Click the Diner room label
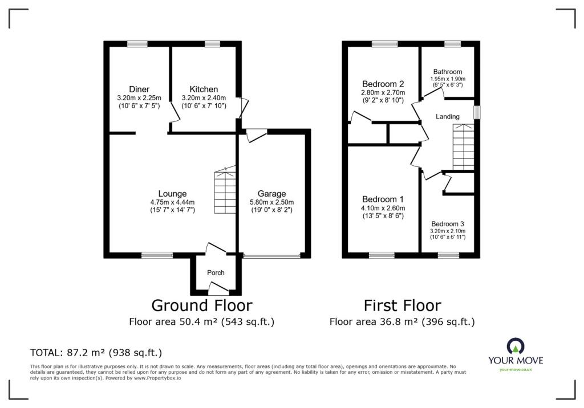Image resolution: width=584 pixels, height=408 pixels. pyautogui.click(x=139, y=89)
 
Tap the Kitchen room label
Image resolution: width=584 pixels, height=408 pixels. pyautogui.click(x=204, y=89)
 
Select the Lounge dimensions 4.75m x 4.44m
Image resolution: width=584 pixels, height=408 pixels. pyautogui.click(x=173, y=202)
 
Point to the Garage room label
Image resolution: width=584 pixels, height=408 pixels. pyautogui.click(x=271, y=194)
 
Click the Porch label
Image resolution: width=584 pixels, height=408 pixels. pyautogui.click(x=216, y=272)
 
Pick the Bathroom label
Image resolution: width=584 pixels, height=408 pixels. pyautogui.click(x=448, y=72)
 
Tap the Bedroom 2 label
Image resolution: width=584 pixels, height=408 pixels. pyautogui.click(x=383, y=84)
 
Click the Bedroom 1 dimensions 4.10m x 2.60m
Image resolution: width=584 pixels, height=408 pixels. pyautogui.click(x=383, y=208)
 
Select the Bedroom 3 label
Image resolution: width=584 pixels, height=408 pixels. pyautogui.click(x=448, y=224)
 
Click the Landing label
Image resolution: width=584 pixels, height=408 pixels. pyautogui.click(x=448, y=117)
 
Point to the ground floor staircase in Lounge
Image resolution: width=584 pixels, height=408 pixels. pyautogui.click(x=225, y=191)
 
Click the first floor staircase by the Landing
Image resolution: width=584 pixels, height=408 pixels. pyautogui.click(x=463, y=148)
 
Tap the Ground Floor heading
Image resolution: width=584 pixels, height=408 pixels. pyautogui.click(x=201, y=305)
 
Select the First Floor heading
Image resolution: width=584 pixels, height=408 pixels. pyautogui.click(x=402, y=305)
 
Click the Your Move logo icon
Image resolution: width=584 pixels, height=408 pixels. pyautogui.click(x=516, y=346)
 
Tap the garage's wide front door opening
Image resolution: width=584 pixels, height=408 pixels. pyautogui.click(x=271, y=257)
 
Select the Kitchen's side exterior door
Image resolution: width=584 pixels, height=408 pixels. pyautogui.click(x=244, y=108)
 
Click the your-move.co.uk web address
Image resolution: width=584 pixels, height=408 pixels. pyautogui.click(x=516, y=370)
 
